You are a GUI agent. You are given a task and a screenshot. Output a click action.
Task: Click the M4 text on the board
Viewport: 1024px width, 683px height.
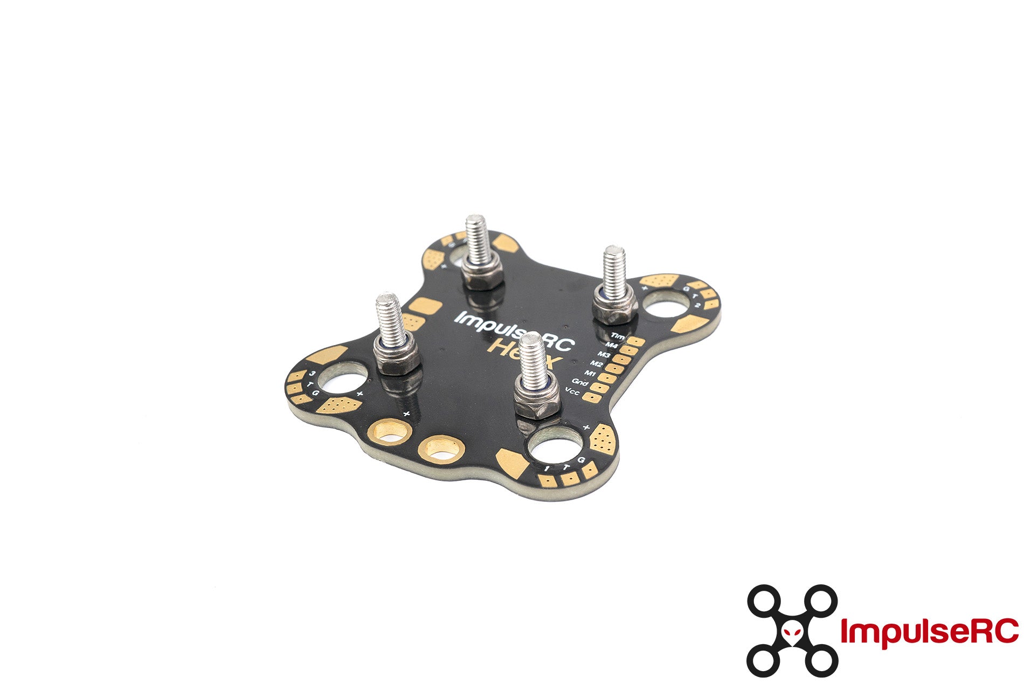[x=611, y=346]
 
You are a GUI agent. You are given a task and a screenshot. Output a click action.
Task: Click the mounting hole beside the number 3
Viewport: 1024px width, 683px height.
[x=343, y=379]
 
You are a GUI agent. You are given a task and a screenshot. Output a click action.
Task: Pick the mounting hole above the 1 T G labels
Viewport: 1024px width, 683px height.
[x=555, y=445]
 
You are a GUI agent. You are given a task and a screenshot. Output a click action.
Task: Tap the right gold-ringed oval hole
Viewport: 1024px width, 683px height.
[x=441, y=449]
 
